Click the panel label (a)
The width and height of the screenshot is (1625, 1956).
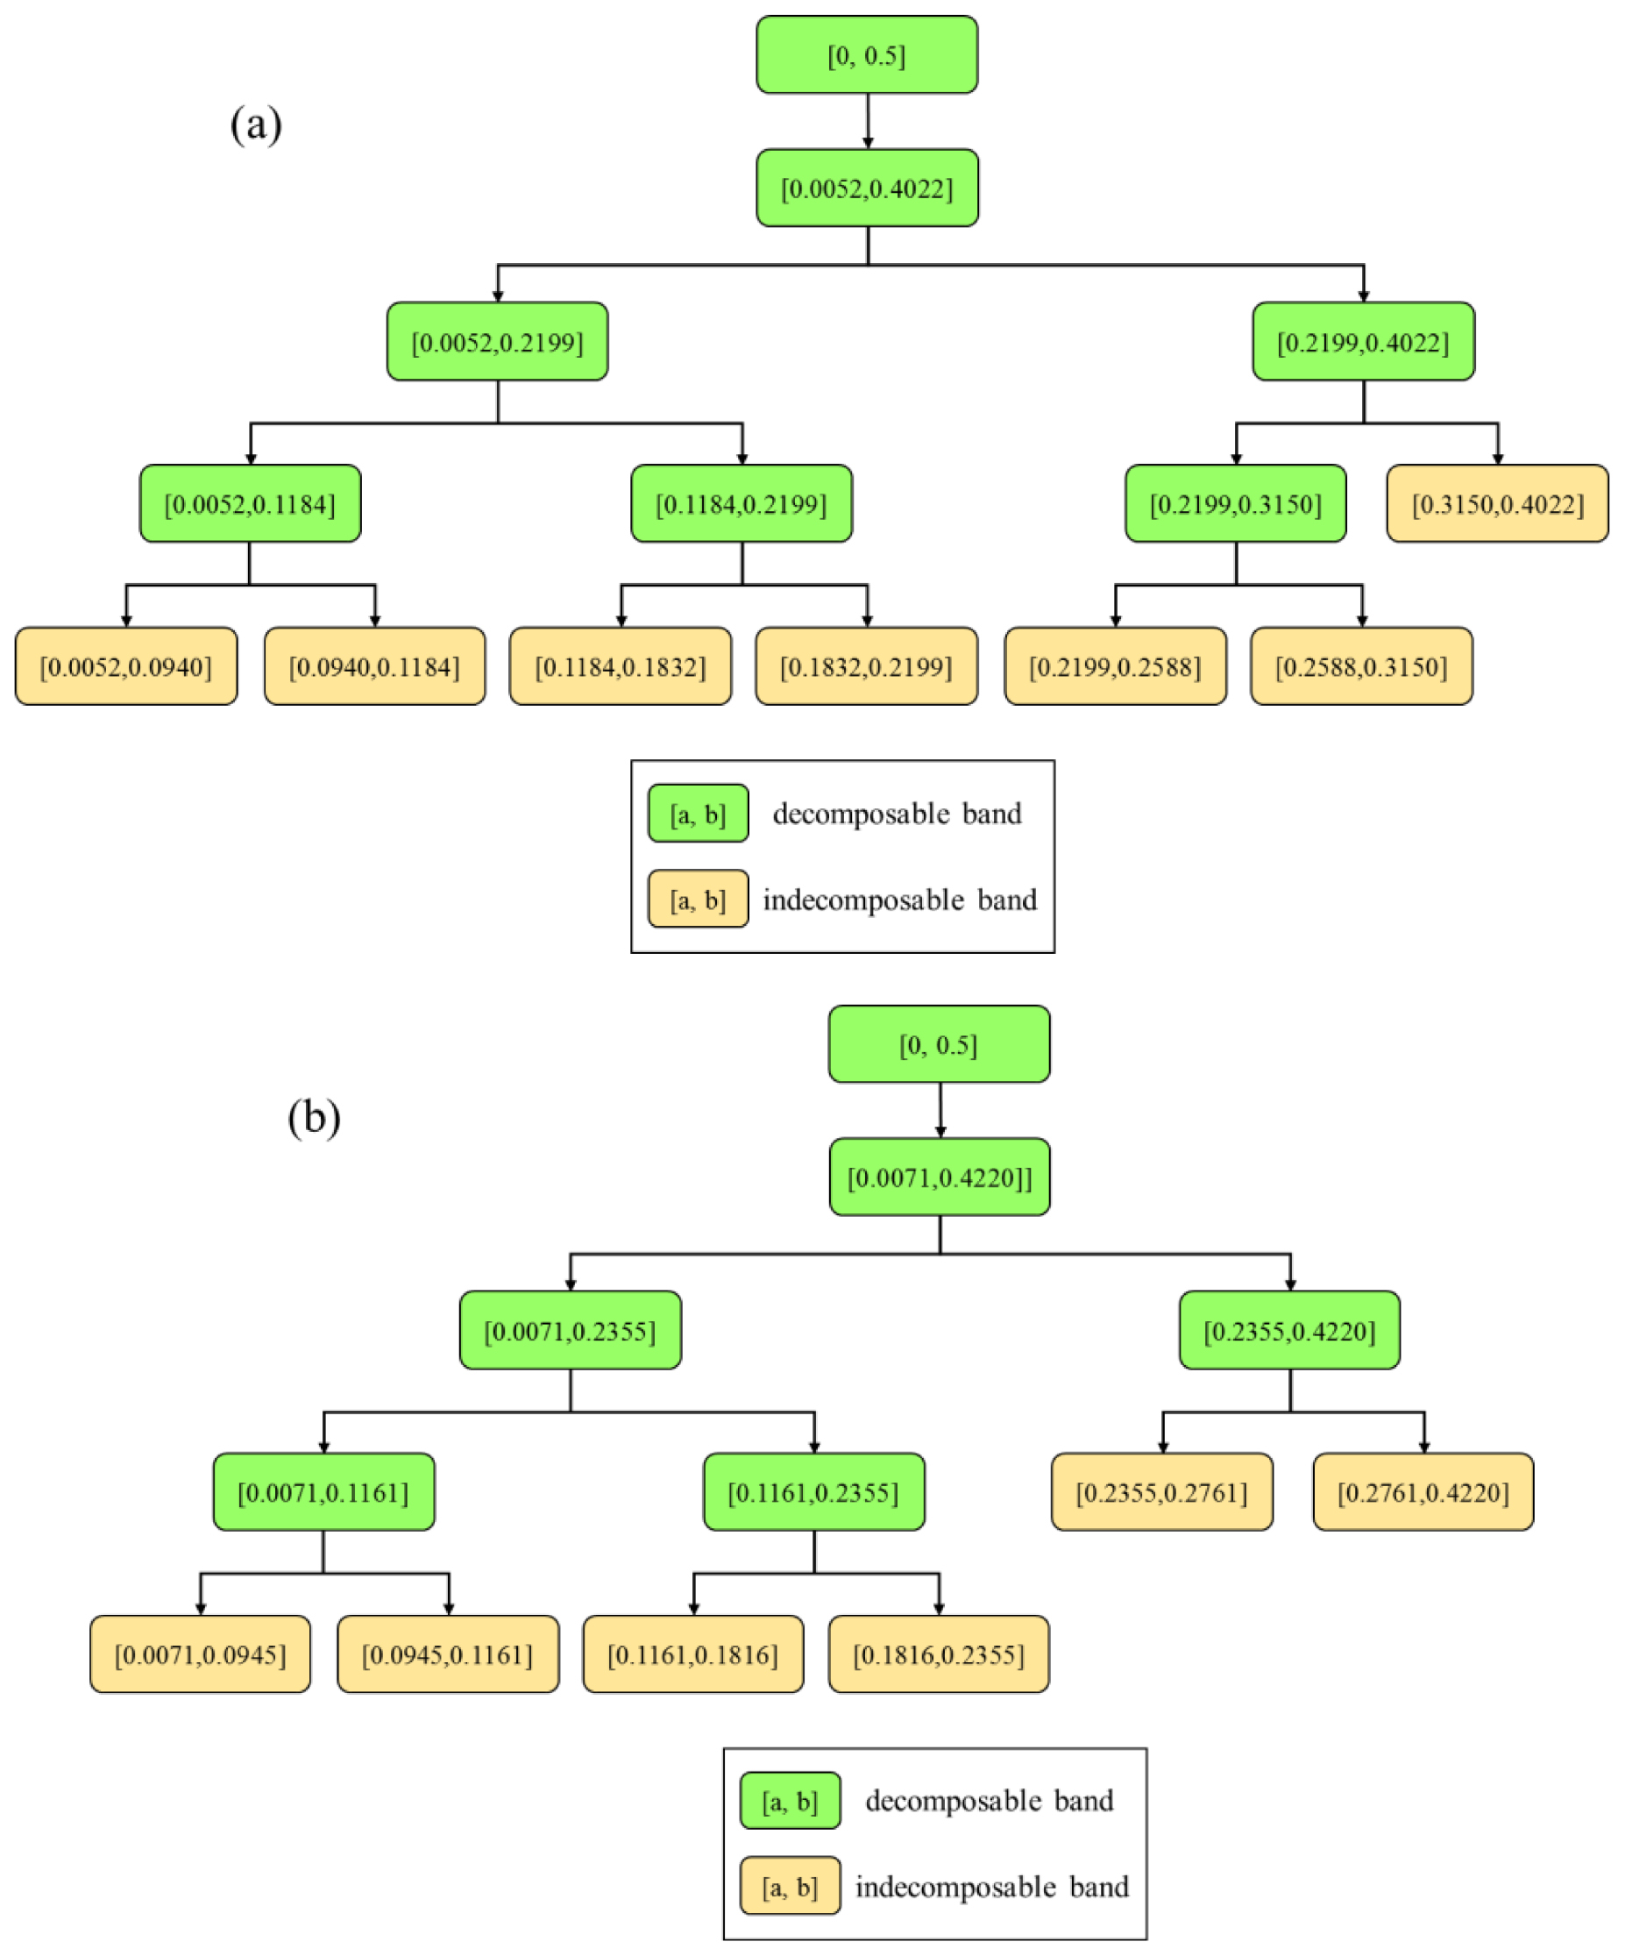click(256, 124)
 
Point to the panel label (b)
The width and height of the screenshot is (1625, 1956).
click(314, 1117)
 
